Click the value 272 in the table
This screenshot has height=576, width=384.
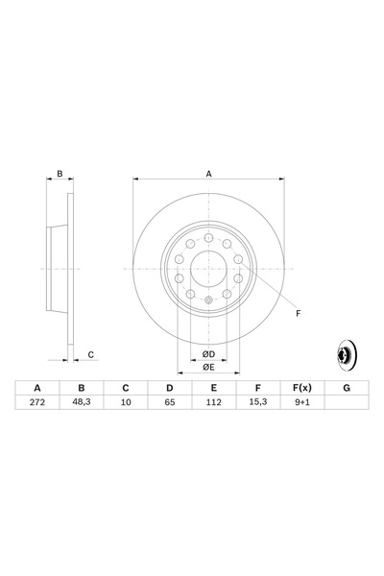(37, 402)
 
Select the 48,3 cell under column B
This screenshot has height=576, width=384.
(82, 402)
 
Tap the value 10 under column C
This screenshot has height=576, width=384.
(126, 402)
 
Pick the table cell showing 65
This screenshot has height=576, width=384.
(169, 402)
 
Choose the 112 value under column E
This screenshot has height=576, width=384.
(213, 402)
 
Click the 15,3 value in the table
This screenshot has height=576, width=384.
(257, 402)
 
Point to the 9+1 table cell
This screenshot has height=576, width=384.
(302, 402)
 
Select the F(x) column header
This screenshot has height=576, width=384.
(302, 388)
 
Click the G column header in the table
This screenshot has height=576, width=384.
(347, 388)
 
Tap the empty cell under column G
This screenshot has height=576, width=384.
(347, 402)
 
